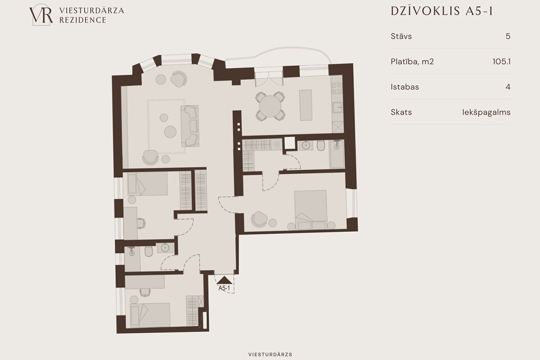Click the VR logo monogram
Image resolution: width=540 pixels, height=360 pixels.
41,15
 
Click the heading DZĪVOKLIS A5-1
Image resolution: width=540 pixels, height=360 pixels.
442,11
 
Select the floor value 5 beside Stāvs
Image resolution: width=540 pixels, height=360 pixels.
508,36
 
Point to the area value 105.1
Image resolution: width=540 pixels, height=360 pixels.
501,62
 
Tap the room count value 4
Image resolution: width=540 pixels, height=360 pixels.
508,87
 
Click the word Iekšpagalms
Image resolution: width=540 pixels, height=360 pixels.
486,112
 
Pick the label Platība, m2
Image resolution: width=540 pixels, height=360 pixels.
412,62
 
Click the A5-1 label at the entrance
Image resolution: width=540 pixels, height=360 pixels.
224,289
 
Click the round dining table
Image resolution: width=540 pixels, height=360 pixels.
271,106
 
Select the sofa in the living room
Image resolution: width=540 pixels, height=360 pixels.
190,126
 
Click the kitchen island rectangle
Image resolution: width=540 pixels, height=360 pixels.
305,105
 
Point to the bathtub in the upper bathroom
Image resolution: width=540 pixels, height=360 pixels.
337,154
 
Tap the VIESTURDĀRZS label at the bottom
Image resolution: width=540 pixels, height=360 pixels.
271,354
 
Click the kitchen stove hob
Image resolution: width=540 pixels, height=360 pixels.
336,88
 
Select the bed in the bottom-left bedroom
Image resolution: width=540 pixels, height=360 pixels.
150,315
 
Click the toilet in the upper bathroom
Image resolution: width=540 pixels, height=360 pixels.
321,146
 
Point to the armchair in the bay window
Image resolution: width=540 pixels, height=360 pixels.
179,79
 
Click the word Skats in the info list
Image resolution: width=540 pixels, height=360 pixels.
401,112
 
